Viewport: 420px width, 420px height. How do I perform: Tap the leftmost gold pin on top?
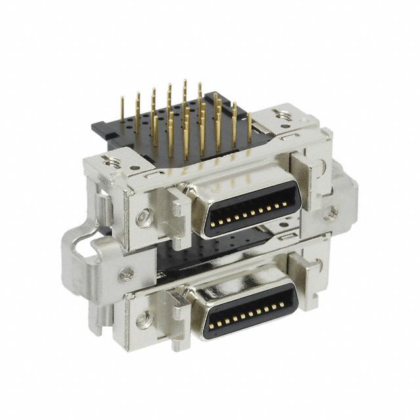pos(122,108)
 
